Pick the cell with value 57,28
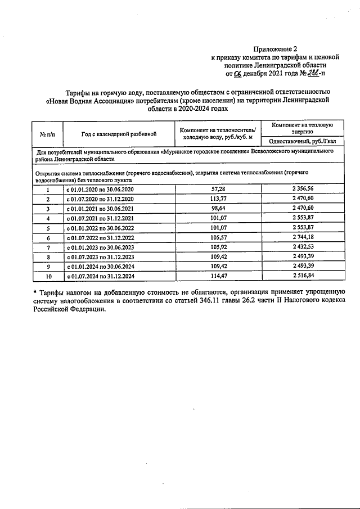tap(217, 190)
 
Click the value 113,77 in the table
tap(217, 199)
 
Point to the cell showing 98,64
tap(217, 209)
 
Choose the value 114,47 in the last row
tap(217, 276)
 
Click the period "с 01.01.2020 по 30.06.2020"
tap(100, 190)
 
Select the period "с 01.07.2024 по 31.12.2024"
tap(100, 276)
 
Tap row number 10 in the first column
tap(48, 276)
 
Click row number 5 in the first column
tap(48, 228)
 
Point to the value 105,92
tap(217, 247)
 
